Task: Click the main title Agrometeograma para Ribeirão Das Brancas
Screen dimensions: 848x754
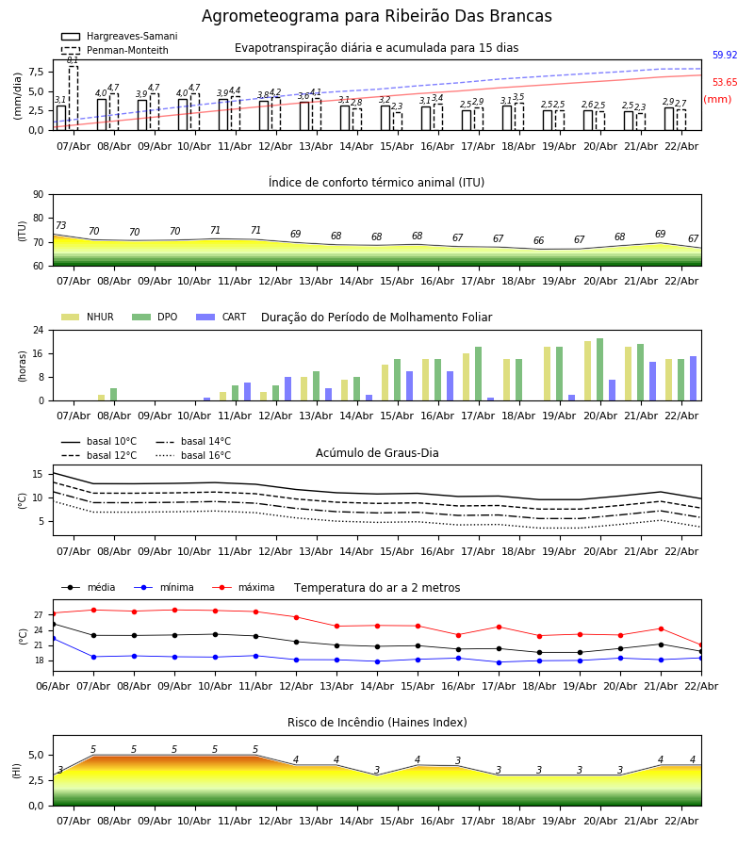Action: tap(377, 17)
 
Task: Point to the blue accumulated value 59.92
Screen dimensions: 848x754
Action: tap(724, 56)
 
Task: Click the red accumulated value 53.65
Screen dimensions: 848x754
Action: tap(724, 83)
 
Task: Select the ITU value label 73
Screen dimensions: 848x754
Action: tap(61, 226)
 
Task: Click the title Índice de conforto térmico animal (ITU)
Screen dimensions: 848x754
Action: tap(376, 183)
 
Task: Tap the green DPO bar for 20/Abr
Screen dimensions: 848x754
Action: tap(599, 369)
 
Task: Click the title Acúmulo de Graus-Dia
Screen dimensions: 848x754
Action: tap(377, 453)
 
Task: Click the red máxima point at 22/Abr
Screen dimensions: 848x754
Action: tap(700, 645)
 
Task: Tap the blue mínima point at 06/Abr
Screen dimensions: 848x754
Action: tap(54, 639)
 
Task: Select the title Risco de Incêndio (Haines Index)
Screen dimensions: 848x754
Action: tap(377, 723)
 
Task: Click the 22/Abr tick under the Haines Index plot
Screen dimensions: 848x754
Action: tap(681, 821)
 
